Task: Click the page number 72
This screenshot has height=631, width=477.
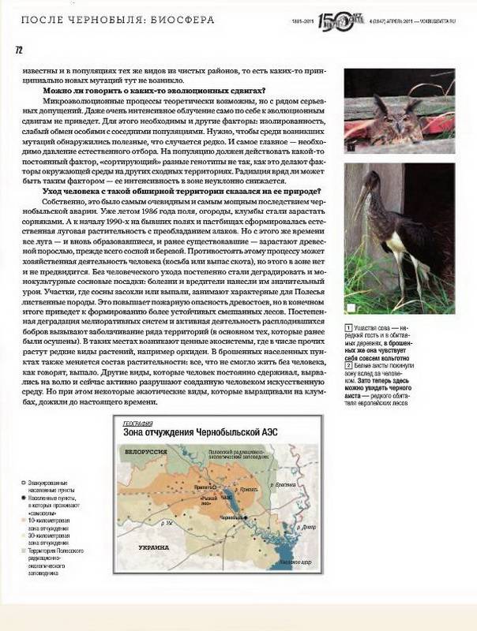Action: [18, 50]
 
